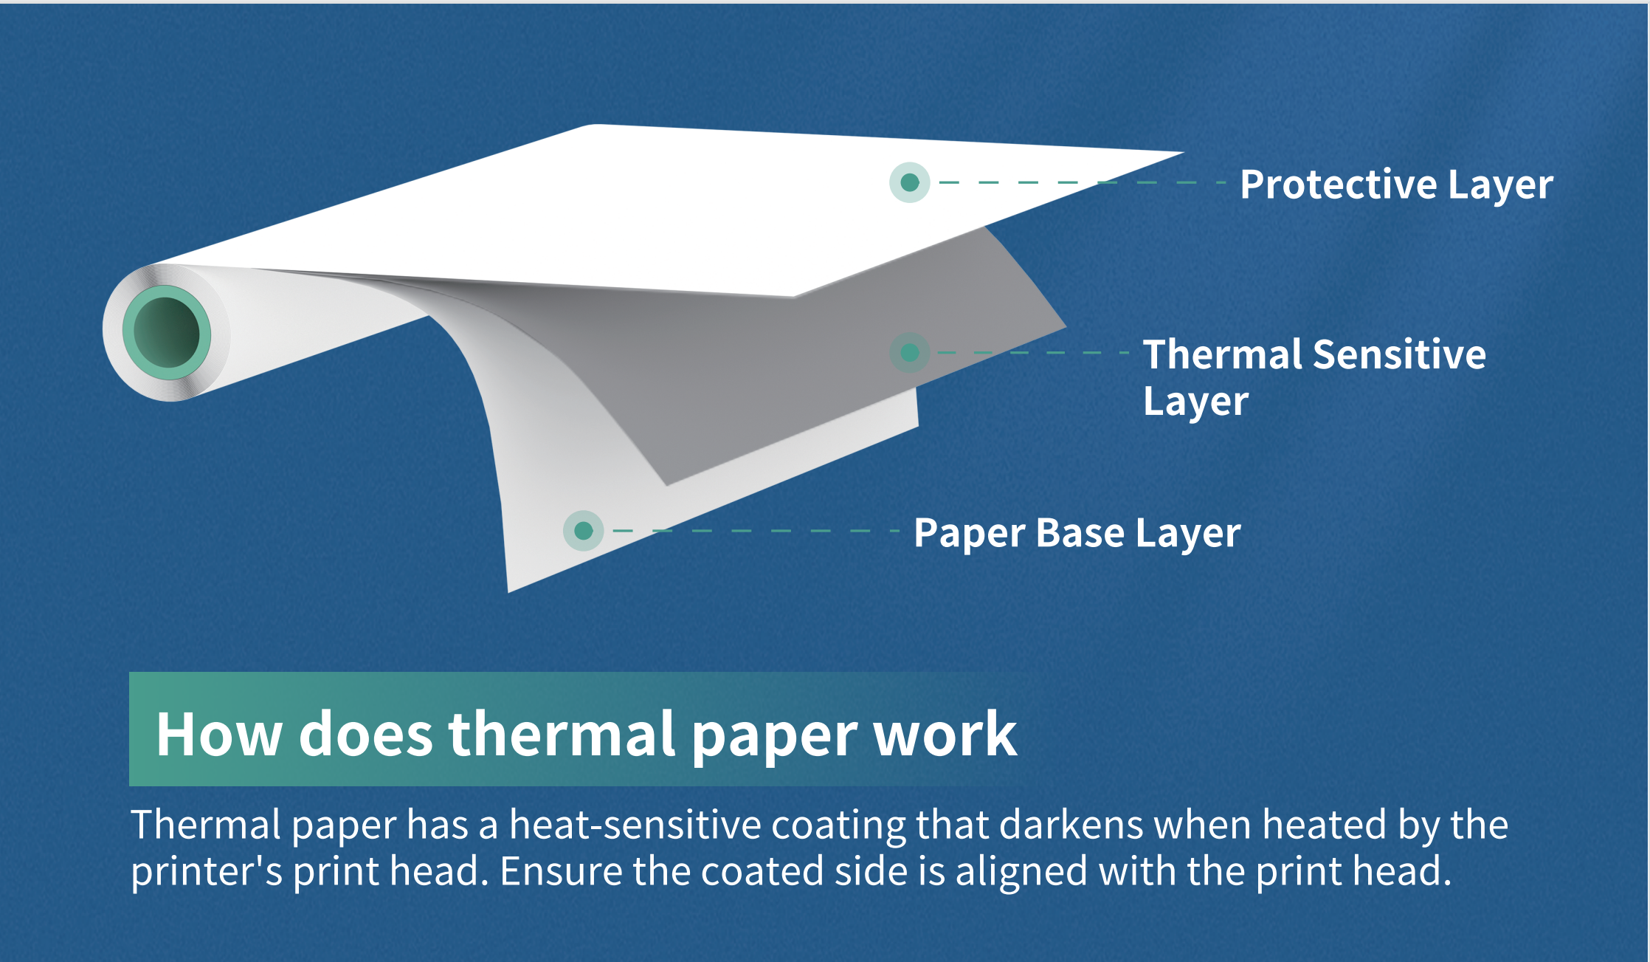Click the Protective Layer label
(x=1395, y=185)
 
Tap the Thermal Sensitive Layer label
(x=1314, y=377)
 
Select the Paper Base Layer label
(x=1077, y=533)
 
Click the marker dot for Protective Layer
(x=909, y=182)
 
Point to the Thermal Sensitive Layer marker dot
(x=909, y=353)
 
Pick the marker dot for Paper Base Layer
(x=583, y=531)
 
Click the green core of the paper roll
(x=167, y=333)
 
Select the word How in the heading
(x=219, y=735)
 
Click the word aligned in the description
(x=1021, y=872)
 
